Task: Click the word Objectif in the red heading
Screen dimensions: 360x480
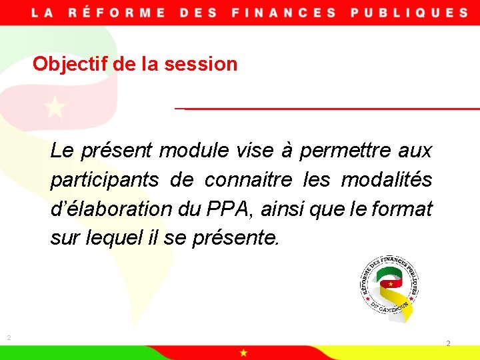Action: [x=64, y=64]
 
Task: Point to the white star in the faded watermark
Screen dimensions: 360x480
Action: [x=55, y=107]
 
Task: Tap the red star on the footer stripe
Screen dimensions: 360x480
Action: [x=244, y=352]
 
